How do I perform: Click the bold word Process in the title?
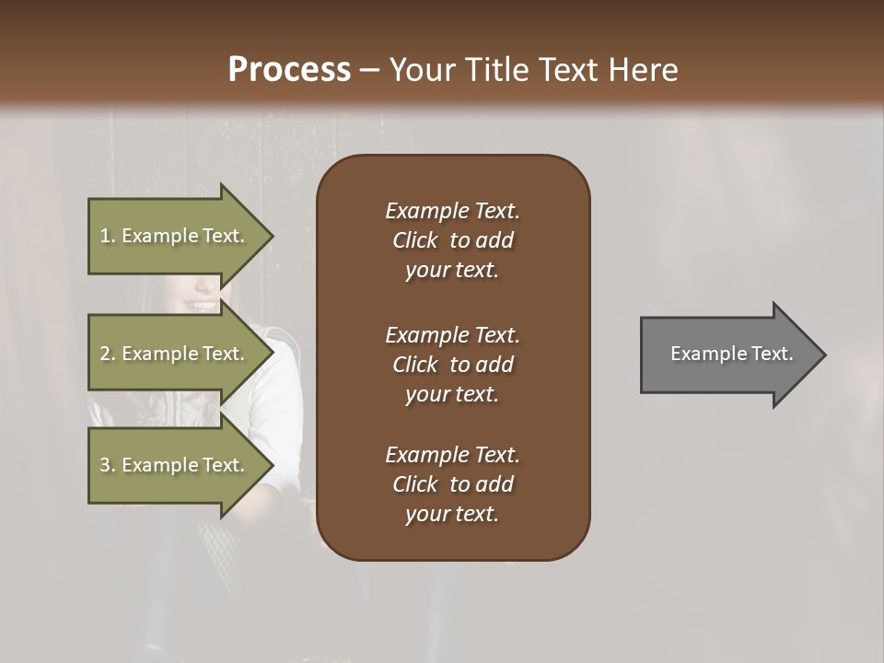point(289,69)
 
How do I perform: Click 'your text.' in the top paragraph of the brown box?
point(452,270)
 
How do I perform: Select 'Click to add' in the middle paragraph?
point(452,365)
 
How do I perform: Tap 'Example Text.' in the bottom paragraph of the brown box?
point(452,455)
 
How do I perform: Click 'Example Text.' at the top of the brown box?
point(452,211)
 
